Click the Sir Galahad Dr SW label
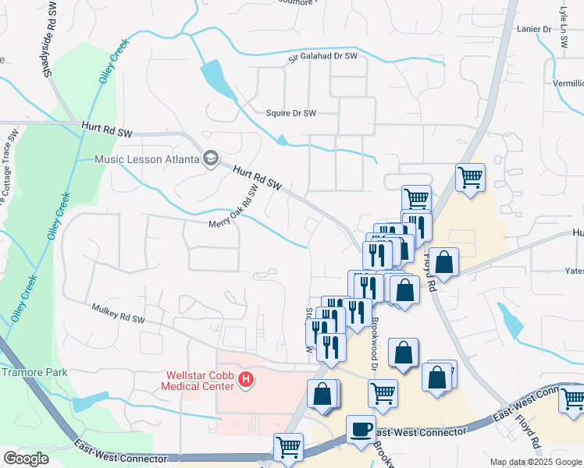pos(322,56)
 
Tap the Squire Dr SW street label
pos(291,113)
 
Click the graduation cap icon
pos(210,159)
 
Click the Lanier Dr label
pos(534,29)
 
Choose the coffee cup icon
pos(361,429)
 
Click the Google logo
pos(26,459)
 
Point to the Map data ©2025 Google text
pos(535,462)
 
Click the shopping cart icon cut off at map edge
pos(572,399)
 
